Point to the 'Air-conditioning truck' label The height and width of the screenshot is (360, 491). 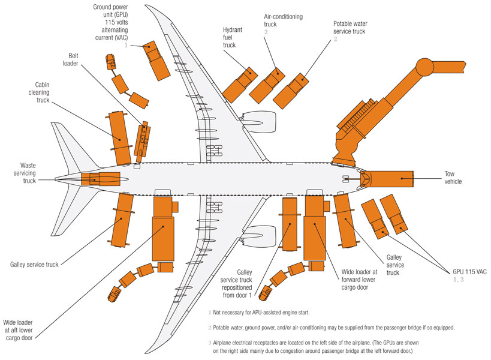coord(279,20)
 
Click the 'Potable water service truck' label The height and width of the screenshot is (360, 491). coord(349,28)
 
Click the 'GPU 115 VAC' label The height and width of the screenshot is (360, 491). coord(467,271)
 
